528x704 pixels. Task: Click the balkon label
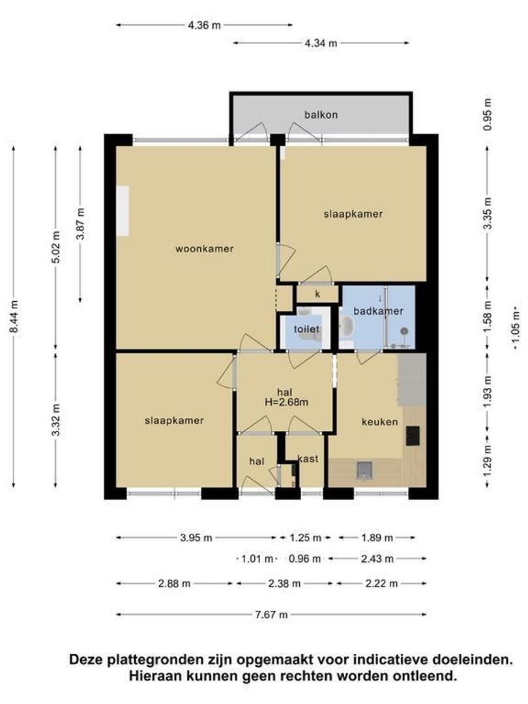pyautogui.click(x=321, y=115)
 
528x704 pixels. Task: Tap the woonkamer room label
pyautogui.click(x=204, y=248)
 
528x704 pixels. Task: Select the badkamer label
pyautogui.click(x=378, y=311)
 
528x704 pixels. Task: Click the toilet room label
pyautogui.click(x=306, y=329)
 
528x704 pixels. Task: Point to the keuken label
pyautogui.click(x=380, y=422)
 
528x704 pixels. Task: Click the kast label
pyautogui.click(x=308, y=458)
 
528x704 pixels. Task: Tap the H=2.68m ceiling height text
pyautogui.click(x=286, y=402)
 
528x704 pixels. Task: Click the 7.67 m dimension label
pyautogui.click(x=271, y=615)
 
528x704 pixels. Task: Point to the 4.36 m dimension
pyautogui.click(x=204, y=25)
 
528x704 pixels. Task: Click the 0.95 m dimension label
pyautogui.click(x=488, y=115)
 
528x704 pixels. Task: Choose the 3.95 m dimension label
pyautogui.click(x=196, y=537)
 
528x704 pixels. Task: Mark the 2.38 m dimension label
pyautogui.click(x=284, y=583)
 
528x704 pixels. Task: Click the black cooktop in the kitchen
pyautogui.click(x=413, y=435)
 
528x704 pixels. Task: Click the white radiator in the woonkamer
pyautogui.click(x=123, y=211)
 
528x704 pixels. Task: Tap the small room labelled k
pyautogui.click(x=317, y=294)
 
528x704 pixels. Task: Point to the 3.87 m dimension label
pyautogui.click(x=81, y=224)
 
